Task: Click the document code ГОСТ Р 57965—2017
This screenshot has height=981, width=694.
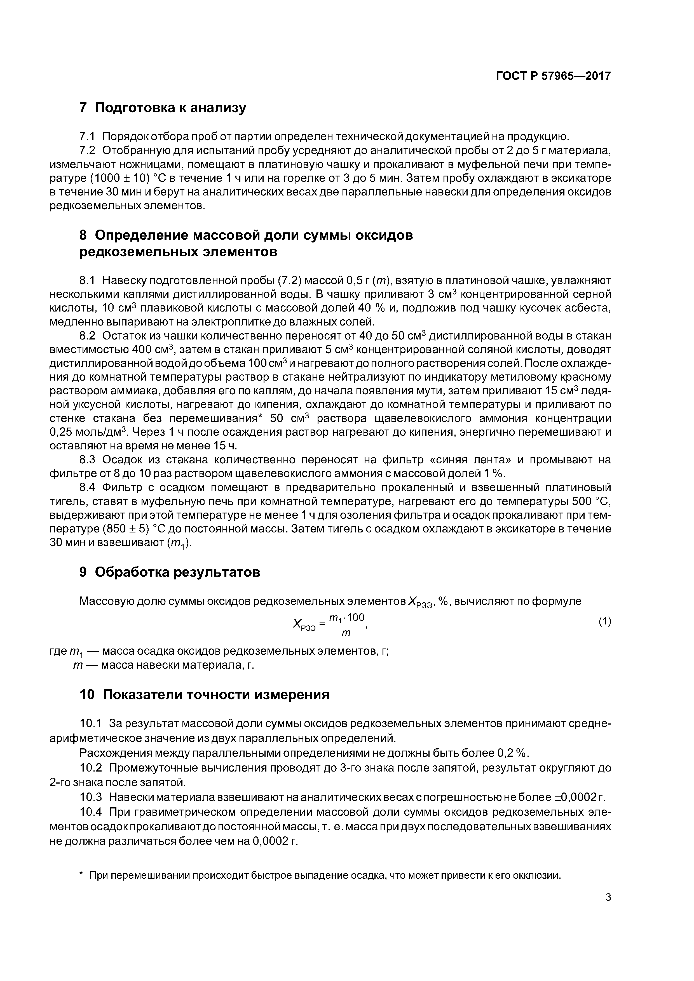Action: point(553,76)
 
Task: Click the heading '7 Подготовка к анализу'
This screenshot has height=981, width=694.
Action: point(163,108)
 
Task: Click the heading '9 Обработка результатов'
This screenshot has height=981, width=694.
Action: point(170,572)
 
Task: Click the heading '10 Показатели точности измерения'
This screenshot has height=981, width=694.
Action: point(204,695)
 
